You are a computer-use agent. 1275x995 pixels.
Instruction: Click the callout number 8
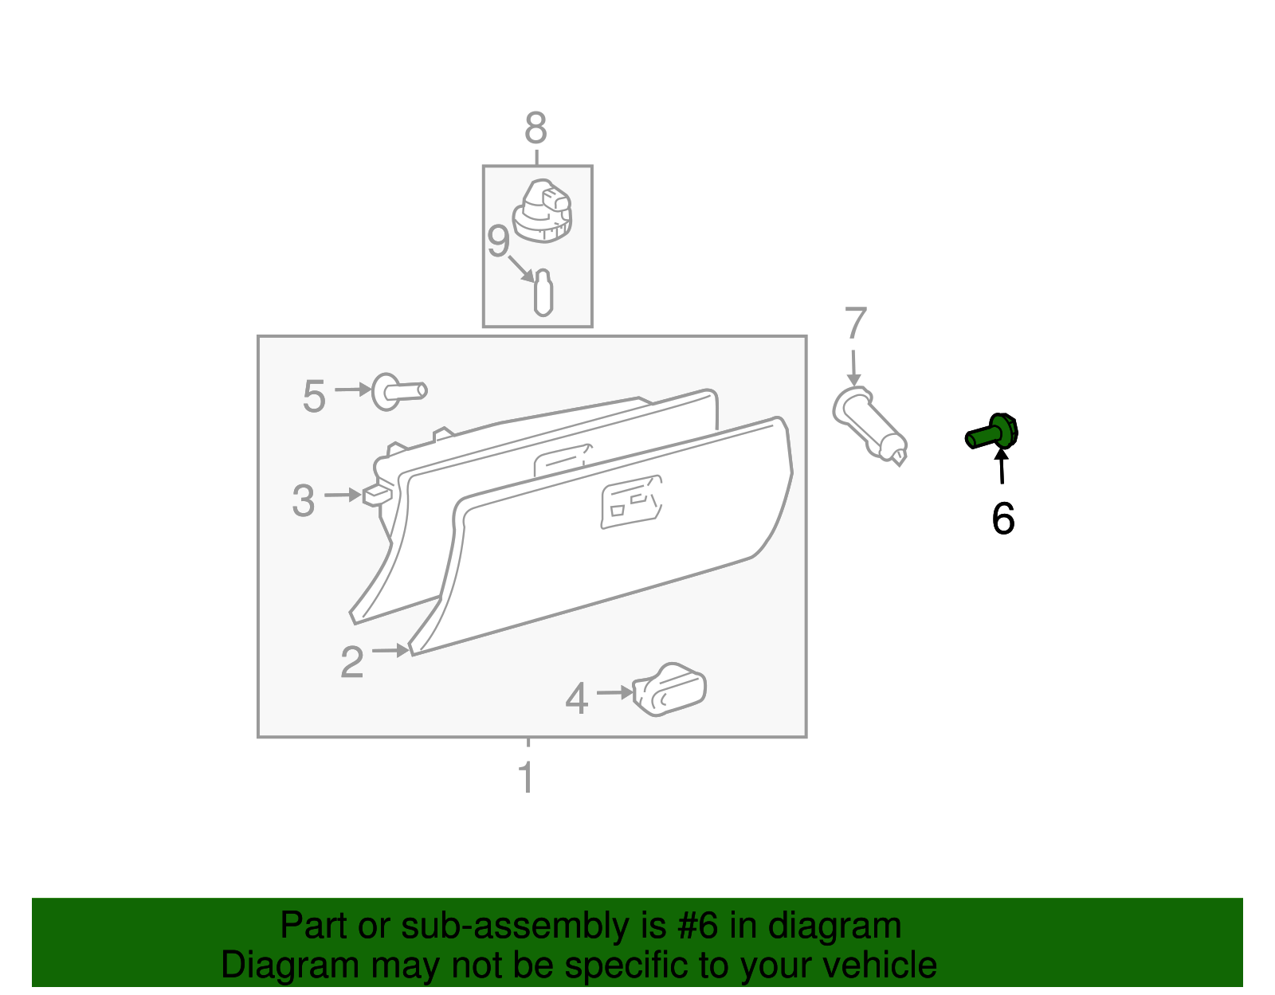coord(535,128)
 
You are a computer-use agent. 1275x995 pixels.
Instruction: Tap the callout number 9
coord(498,241)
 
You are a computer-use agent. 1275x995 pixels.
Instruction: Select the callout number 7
coord(855,323)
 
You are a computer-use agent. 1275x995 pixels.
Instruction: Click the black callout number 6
coord(1002,519)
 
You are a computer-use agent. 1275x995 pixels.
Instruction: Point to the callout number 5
coord(314,397)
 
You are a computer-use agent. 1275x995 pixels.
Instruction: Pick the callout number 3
coord(304,501)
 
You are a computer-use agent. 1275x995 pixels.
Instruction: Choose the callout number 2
coord(352,662)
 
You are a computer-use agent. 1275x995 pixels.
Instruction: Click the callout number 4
coord(576,699)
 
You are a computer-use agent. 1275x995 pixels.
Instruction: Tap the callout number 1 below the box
coord(526,777)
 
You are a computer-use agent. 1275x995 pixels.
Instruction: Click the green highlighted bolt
coord(991,432)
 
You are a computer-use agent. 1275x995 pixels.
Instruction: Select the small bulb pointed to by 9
coord(543,293)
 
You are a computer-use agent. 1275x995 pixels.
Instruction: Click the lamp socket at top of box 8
coord(542,211)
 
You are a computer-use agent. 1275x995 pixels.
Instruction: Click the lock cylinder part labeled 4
coord(669,690)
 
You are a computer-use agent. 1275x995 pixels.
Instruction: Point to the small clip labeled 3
coord(377,496)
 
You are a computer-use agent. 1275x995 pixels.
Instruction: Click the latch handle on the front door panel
coord(631,502)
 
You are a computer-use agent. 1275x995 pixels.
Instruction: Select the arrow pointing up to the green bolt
coord(1002,465)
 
